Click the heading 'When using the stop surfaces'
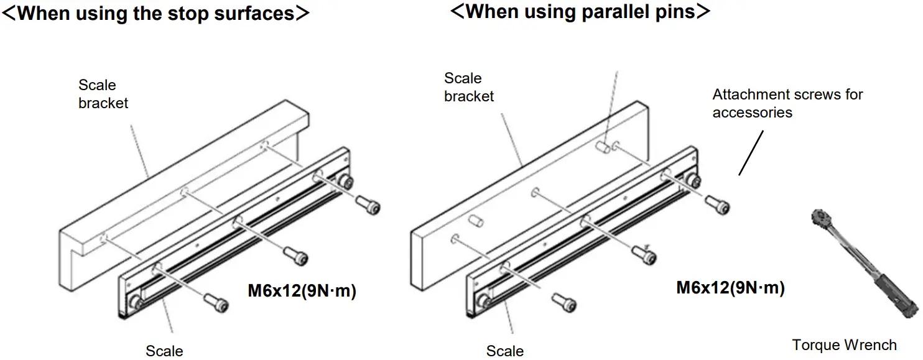click(x=155, y=13)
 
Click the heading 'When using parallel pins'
click(x=580, y=11)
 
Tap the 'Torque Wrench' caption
click(x=844, y=345)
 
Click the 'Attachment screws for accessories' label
click(x=787, y=103)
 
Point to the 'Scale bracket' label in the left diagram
click(x=103, y=94)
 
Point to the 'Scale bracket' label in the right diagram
click(x=468, y=87)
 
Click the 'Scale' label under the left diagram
click(x=164, y=351)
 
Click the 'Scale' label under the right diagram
click(x=504, y=351)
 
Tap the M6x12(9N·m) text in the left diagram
click(x=302, y=290)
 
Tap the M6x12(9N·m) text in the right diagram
click(x=730, y=287)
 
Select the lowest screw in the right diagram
click(x=566, y=303)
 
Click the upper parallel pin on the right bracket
click(x=603, y=148)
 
